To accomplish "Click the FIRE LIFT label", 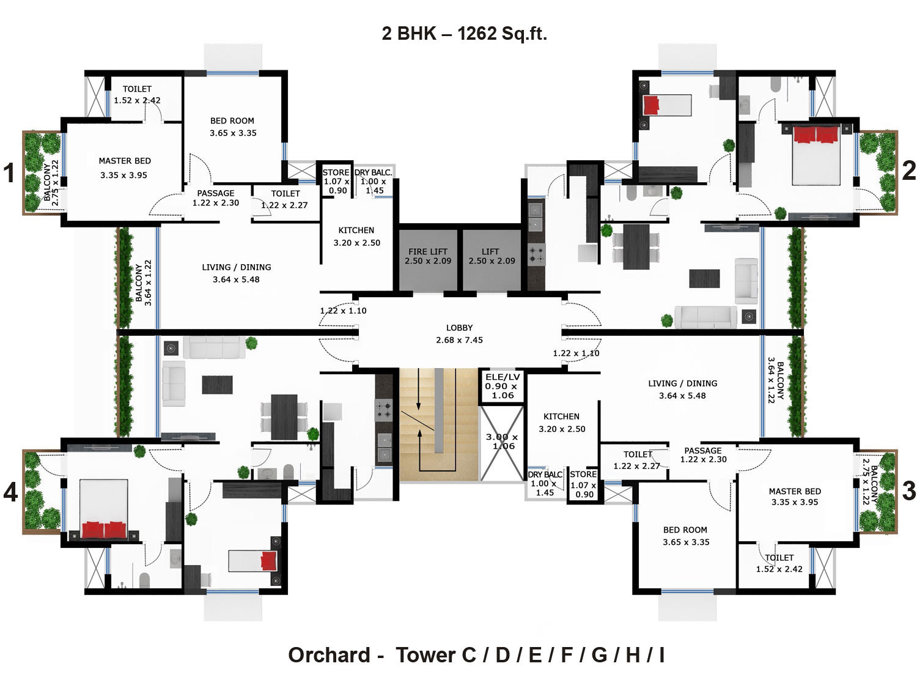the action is pyautogui.click(x=427, y=251).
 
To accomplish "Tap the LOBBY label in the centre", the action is pyautogui.click(x=459, y=328).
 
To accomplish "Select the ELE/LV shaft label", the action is pyautogui.click(x=503, y=377).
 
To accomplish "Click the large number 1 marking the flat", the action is pyautogui.click(x=9, y=172).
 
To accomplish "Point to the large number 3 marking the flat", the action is pyautogui.click(x=909, y=490).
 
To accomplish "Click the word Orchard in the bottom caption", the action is pyautogui.click(x=329, y=654).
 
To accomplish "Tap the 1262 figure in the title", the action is pyautogui.click(x=477, y=34).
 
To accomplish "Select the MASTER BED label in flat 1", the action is pyautogui.click(x=125, y=161).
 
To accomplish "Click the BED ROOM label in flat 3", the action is pyautogui.click(x=685, y=530).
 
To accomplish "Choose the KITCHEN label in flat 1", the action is pyautogui.click(x=356, y=230).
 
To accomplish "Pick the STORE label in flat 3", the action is pyautogui.click(x=583, y=474).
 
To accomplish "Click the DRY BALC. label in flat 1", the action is pyautogui.click(x=373, y=172).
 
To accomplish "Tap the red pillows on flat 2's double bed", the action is pyautogui.click(x=816, y=135).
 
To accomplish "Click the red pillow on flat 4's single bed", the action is pyautogui.click(x=269, y=561).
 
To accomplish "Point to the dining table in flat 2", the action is pyautogui.click(x=636, y=247).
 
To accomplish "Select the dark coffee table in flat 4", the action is pyautogui.click(x=217, y=385).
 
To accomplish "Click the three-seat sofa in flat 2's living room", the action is pyautogui.click(x=705, y=317).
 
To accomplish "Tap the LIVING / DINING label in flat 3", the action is pyautogui.click(x=683, y=383).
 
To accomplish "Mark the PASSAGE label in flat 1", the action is pyautogui.click(x=216, y=193).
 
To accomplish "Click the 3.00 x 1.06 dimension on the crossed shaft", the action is pyautogui.click(x=503, y=442).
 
